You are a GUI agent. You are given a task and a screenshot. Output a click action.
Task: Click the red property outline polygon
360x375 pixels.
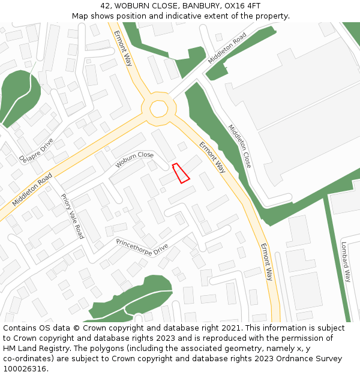(x=181, y=173)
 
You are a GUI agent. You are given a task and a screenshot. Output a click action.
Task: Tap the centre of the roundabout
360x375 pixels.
(x=159, y=109)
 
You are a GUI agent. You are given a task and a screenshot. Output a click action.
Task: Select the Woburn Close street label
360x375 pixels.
(x=134, y=159)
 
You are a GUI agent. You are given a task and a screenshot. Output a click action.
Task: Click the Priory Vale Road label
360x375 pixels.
(x=72, y=216)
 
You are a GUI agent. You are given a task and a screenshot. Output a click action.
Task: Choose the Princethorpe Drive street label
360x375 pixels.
(x=142, y=246)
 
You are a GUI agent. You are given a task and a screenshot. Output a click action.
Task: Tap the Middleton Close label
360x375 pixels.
(x=239, y=146)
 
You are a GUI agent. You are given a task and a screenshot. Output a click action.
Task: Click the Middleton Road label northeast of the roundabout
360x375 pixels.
(x=227, y=49)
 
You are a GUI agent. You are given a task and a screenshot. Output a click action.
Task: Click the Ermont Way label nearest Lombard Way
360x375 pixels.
(x=266, y=262)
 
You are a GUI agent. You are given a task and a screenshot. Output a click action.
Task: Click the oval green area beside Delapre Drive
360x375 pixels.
(x=21, y=96)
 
